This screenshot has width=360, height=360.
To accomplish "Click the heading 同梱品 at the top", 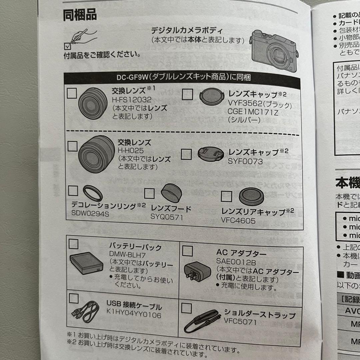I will (x=80, y=15).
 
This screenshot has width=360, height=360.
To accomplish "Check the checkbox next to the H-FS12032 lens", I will (x=72, y=93).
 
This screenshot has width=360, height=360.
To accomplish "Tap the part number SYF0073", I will (x=245, y=162).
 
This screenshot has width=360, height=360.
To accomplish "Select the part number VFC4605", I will (x=238, y=220).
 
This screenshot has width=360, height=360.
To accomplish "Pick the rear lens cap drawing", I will (x=251, y=197).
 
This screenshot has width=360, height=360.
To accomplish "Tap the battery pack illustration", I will (x=86, y=263).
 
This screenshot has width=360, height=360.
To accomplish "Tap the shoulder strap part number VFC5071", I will (x=240, y=322).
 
